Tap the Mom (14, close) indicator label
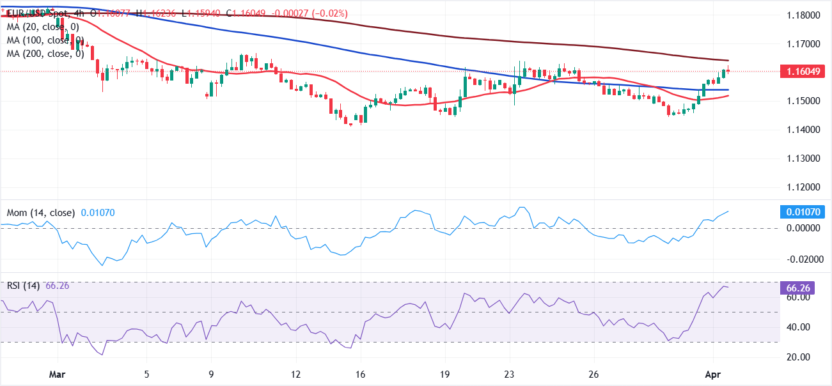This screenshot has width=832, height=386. coord(41,212)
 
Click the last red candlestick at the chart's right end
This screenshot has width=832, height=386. coord(728,70)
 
